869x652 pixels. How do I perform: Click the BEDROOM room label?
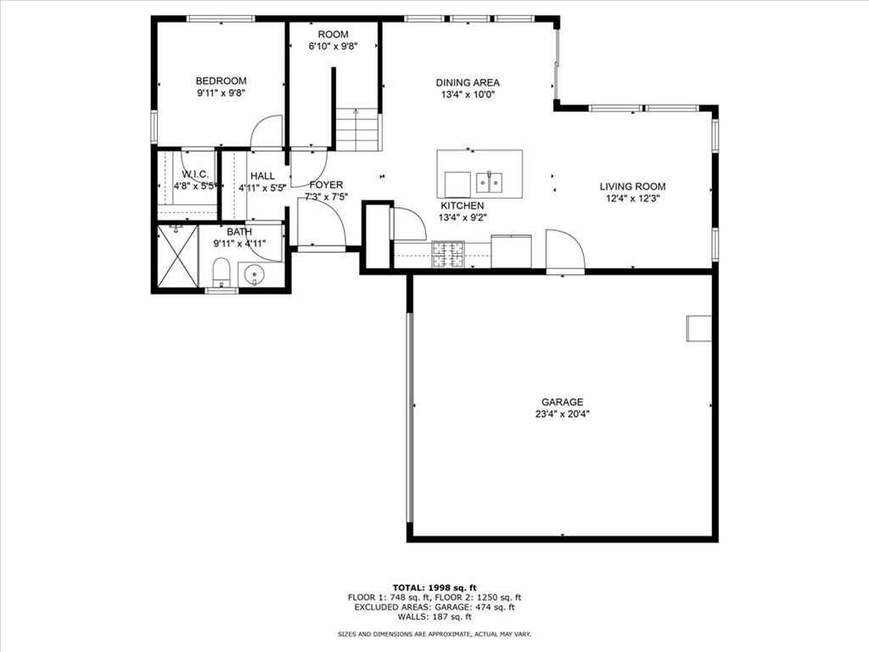[x=221, y=81]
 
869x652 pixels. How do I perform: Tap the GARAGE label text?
[x=562, y=402]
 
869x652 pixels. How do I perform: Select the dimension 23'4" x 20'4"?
[x=562, y=414]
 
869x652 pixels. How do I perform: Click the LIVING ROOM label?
[x=632, y=186]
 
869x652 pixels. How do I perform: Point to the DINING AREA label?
[x=468, y=82]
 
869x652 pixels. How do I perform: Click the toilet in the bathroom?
[x=221, y=273]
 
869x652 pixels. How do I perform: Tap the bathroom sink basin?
[x=253, y=275]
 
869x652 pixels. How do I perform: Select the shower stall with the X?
[x=177, y=258]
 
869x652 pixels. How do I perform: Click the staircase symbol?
[x=356, y=131]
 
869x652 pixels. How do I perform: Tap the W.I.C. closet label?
[x=194, y=175]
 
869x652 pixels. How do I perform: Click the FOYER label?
[x=326, y=184]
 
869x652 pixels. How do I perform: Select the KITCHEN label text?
[x=462, y=205]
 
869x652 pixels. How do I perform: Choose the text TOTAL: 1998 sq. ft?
[x=434, y=587]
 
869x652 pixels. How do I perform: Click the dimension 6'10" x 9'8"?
[x=333, y=47]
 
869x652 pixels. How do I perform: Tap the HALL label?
[x=261, y=175]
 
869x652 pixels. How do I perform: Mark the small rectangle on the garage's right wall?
[x=698, y=328]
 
